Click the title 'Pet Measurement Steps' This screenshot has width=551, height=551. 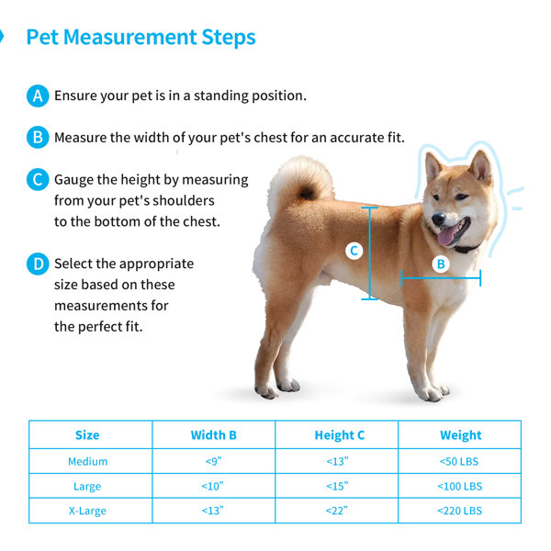point(141,38)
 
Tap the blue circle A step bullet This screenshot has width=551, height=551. point(38,96)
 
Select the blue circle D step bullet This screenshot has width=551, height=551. point(38,264)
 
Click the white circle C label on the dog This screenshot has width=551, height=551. point(354,251)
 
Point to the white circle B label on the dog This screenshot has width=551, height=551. point(441,264)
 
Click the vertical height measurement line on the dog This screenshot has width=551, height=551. point(370,253)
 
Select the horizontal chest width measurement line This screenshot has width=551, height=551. point(441,278)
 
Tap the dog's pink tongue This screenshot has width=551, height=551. point(447,235)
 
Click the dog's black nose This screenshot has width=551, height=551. point(438,219)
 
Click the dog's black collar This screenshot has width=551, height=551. point(467,249)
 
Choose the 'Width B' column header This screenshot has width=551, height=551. point(214,435)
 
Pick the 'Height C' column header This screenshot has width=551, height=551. point(340,435)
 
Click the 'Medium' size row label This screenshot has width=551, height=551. point(88,461)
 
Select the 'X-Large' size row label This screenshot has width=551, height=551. point(87,511)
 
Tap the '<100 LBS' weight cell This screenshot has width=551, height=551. point(460,487)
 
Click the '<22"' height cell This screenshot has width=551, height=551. point(337,511)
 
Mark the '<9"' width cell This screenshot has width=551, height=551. point(214,461)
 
